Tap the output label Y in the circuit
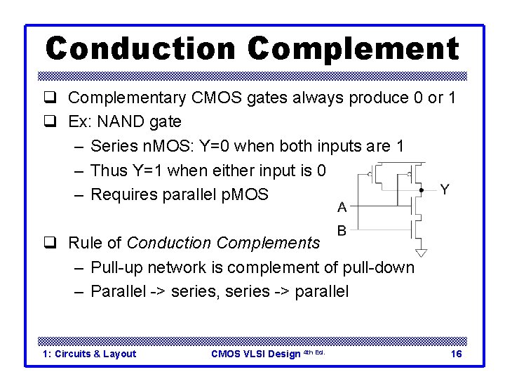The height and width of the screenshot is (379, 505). [x=444, y=189]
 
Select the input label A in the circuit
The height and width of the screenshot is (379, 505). [x=342, y=207]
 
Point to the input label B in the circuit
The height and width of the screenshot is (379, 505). [x=342, y=230]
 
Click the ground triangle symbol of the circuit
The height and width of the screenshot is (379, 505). [x=421, y=252]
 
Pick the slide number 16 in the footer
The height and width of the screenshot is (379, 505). [x=456, y=354]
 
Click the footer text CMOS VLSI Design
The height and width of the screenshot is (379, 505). [x=255, y=354]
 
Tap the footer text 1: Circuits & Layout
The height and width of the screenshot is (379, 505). [x=90, y=354]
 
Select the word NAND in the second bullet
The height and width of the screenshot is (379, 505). [x=122, y=121]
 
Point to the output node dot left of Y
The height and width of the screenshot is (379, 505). [x=421, y=189]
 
